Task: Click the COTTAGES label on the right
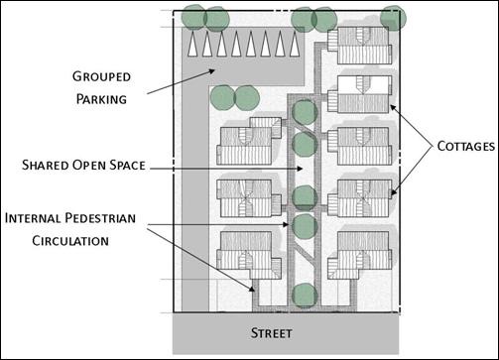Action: point(464,146)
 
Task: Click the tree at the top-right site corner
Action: point(393,18)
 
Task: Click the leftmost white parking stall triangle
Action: point(193,45)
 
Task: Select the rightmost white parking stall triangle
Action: point(295,45)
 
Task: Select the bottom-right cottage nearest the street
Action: point(359,252)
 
